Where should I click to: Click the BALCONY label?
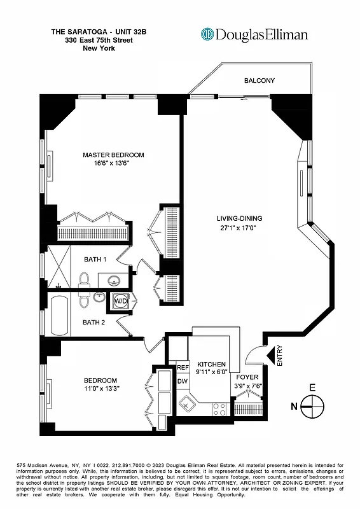click(x=260, y=81)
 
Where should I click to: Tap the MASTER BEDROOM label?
click(x=113, y=155)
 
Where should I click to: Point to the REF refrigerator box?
click(x=183, y=368)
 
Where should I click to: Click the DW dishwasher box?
click(x=183, y=381)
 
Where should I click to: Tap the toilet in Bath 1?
click(x=85, y=279)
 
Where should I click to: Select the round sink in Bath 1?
click(x=115, y=280)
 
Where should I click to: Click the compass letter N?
click(x=293, y=404)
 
